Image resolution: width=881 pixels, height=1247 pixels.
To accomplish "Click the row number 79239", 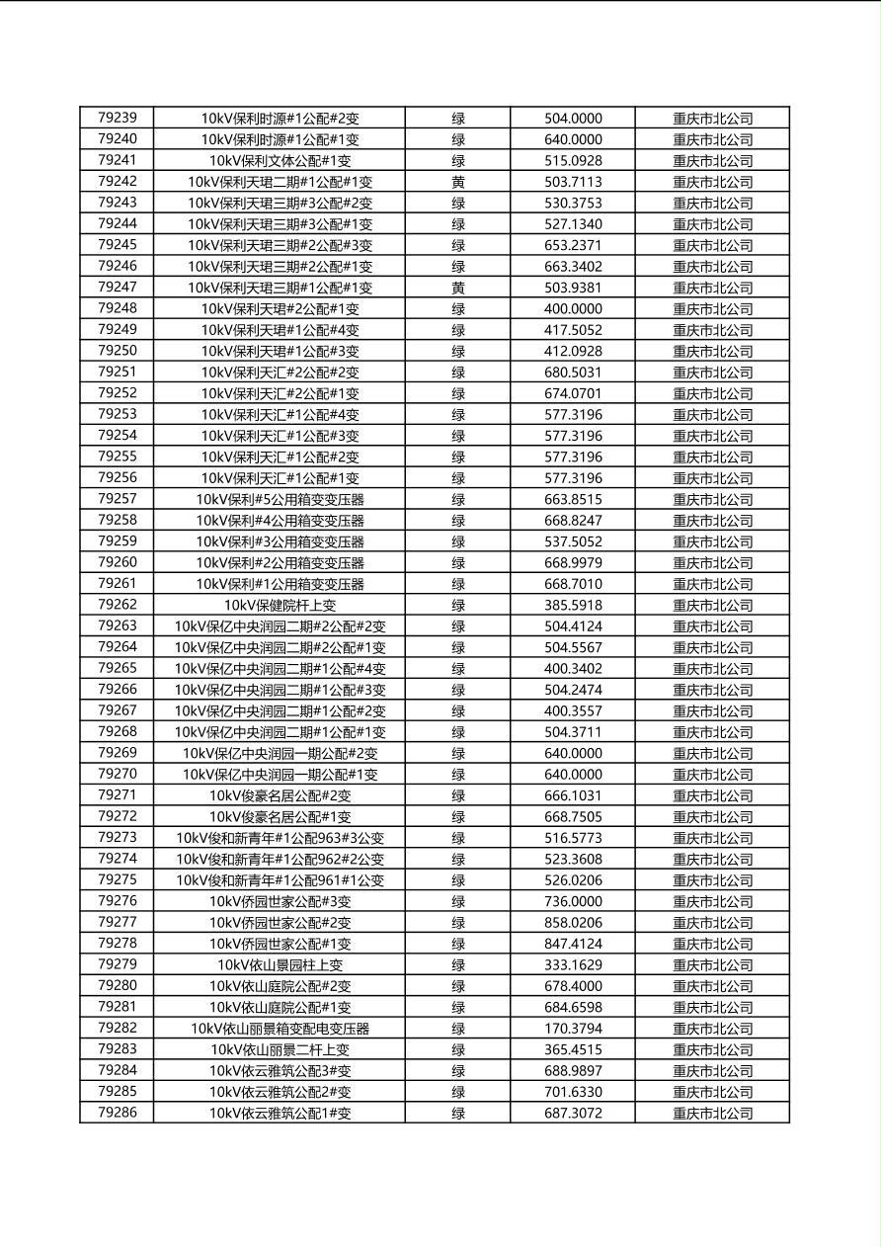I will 118,118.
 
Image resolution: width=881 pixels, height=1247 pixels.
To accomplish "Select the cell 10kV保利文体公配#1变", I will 280,160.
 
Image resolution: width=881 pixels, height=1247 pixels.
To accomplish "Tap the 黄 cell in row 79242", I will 458,182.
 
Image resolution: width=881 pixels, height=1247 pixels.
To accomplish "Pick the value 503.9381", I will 573,288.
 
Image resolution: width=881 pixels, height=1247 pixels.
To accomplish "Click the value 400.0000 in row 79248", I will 573,308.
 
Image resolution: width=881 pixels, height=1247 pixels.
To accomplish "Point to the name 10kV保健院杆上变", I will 280,605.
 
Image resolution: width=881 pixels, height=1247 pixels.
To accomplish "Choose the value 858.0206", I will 573,922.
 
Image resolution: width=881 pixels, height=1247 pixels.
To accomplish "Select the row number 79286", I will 118,1113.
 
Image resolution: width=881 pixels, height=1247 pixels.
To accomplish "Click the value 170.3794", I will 573,1028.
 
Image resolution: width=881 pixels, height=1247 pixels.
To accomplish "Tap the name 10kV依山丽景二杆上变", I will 280,1049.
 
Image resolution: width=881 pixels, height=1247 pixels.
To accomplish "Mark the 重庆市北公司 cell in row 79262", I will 712,605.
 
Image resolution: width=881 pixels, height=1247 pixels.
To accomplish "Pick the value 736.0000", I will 573,901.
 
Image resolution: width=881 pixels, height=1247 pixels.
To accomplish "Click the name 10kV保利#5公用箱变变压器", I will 280,499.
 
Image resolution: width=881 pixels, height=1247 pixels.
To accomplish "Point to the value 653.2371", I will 573,245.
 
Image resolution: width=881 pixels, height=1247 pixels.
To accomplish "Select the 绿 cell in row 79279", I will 458,964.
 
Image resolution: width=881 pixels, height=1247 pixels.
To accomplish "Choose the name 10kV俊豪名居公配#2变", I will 280,795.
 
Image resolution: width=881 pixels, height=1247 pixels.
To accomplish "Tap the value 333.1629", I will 573,964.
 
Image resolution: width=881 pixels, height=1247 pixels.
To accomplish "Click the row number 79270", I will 118,774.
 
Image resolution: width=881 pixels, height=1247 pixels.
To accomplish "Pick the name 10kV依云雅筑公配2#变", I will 280,1092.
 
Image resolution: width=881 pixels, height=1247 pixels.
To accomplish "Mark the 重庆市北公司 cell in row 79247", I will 712,288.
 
